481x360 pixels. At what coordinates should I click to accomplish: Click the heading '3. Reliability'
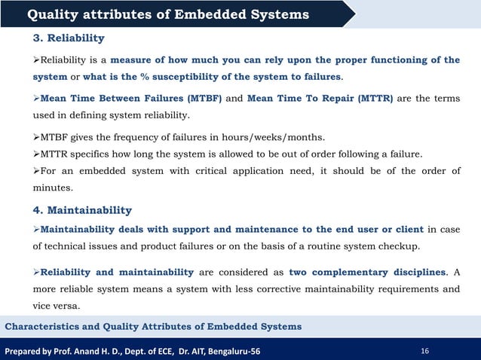pos(68,38)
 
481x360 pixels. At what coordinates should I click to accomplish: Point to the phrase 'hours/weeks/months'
pos(252,136)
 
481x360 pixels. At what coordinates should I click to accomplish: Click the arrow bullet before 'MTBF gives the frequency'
pos(35,136)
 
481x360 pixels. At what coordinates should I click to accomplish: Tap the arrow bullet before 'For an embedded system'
pos(35,171)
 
